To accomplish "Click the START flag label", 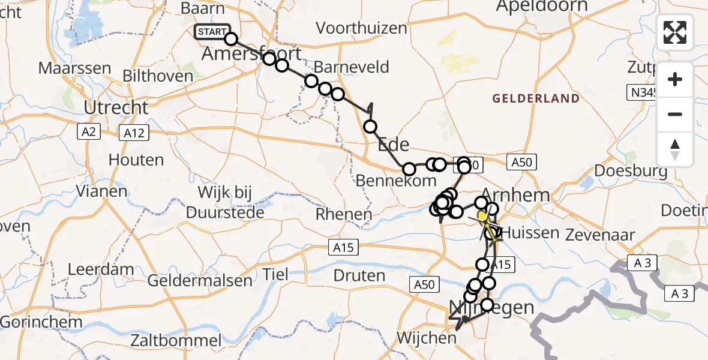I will (212, 32).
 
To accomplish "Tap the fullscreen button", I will (675, 32).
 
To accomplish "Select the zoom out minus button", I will (675, 114).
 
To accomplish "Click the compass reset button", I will (675, 149).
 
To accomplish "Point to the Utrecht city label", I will (116, 108).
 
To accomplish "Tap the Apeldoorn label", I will (542, 7).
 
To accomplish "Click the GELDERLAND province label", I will (536, 98).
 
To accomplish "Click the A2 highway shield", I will (88, 132).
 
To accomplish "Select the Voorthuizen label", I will (359, 28).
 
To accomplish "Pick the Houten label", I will (136, 160).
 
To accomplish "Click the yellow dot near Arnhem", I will (482, 215).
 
